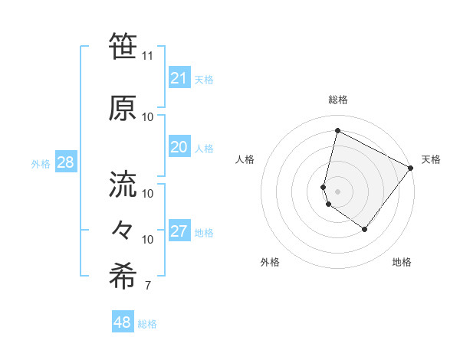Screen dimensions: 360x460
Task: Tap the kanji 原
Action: pyautogui.click(x=123, y=107)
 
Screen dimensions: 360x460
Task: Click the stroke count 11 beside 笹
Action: pyautogui.click(x=148, y=56)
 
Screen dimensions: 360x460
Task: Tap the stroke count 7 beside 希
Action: pyautogui.click(x=147, y=286)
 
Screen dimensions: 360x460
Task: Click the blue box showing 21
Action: pyautogui.click(x=179, y=78)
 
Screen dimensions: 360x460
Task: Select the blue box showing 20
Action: pyautogui.click(x=179, y=147)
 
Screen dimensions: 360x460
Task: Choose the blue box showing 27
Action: pyautogui.click(x=179, y=231)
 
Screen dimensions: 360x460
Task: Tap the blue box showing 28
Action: pyautogui.click(x=65, y=162)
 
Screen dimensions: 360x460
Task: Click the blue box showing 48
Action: pyautogui.click(x=123, y=322)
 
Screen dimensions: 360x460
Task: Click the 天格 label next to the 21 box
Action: pyautogui.click(x=204, y=80)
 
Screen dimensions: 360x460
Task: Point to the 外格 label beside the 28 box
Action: pyautogui.click(x=41, y=163)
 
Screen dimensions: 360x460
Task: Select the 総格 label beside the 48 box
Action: pyautogui.click(x=147, y=324)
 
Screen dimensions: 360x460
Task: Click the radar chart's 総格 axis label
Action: pyautogui.click(x=338, y=100)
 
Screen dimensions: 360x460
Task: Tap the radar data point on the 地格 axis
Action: pyautogui.click(x=365, y=229)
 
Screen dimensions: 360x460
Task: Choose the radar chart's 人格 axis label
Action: pyautogui.click(x=245, y=159)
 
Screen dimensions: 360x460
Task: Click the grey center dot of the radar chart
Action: pyautogui.click(x=338, y=191)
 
